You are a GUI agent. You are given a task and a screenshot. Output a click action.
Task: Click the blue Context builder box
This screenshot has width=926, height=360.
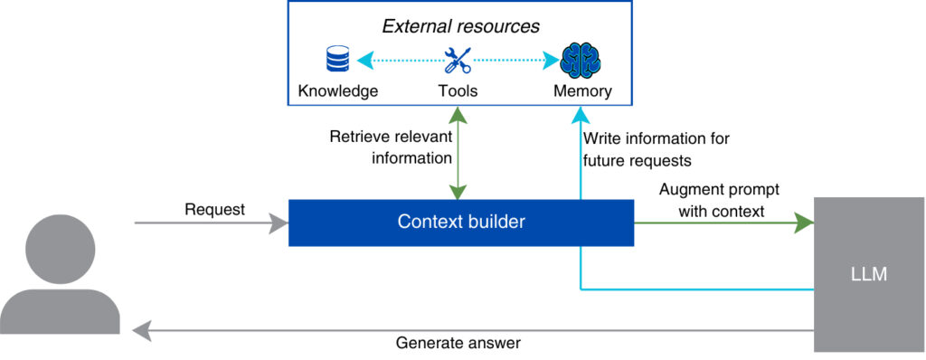point(461,222)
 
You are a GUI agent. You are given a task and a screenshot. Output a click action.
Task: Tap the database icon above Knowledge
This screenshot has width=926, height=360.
point(337,61)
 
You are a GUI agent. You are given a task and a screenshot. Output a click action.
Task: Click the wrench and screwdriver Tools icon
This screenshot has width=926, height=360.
point(457,61)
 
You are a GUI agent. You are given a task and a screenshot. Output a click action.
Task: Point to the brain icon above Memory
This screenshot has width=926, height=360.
point(580,61)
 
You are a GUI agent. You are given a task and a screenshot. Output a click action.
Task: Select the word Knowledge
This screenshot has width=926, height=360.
point(337,91)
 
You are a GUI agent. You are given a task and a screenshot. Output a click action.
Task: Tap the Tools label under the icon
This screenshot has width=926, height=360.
point(457,91)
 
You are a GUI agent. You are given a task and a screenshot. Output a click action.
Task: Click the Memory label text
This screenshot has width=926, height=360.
point(582,91)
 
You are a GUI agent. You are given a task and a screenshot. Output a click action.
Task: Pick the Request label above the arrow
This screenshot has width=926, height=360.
point(214,209)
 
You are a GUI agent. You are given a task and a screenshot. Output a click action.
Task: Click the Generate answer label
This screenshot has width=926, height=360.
point(458,344)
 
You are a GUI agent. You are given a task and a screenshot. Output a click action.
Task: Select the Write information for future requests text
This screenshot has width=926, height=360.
point(656,149)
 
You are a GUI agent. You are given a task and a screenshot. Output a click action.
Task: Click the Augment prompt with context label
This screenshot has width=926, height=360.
point(719,200)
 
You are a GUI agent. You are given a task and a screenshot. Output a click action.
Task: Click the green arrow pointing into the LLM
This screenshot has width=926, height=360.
point(723,223)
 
